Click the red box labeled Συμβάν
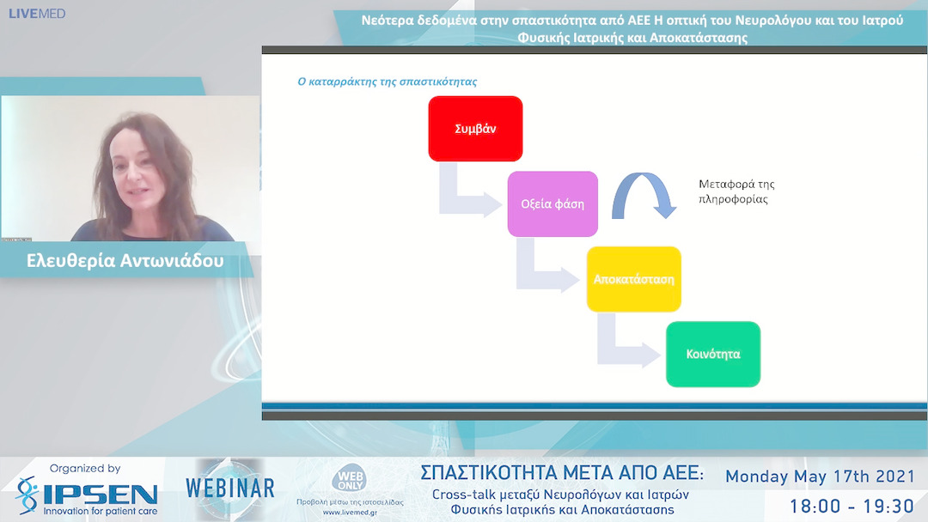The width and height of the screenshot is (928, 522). (x=475, y=129)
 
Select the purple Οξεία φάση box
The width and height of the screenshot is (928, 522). (x=553, y=204)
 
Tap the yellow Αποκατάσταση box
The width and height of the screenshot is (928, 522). (x=633, y=279)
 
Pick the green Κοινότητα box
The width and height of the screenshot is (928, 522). (x=713, y=354)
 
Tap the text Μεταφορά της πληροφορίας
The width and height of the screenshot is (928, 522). (x=736, y=191)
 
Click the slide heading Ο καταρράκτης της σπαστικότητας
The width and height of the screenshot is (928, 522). (x=387, y=82)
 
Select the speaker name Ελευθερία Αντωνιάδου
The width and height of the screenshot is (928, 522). (x=125, y=261)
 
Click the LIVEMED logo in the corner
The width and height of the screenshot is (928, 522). (x=37, y=14)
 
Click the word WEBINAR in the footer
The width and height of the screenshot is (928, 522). (x=230, y=489)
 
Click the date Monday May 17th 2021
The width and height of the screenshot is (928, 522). (x=820, y=476)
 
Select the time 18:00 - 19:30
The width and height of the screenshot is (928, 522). (x=851, y=505)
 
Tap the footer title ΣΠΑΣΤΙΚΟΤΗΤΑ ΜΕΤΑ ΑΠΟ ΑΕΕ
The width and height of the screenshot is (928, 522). (x=562, y=473)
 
